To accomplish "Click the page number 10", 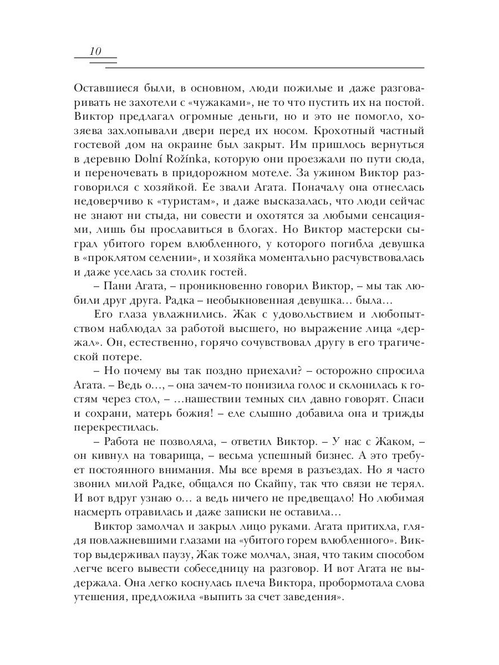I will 95,52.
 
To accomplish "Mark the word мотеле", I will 272,174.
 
